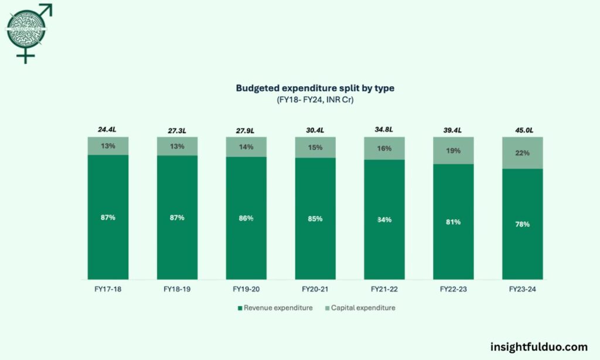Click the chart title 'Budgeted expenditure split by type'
pos(315,88)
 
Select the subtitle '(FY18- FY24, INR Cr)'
pos(315,100)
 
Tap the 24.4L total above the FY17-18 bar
pos(108,130)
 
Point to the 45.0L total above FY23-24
pos(523,130)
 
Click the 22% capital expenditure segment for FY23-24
pos(523,153)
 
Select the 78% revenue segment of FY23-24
pos(523,224)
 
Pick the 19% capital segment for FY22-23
pos(454,151)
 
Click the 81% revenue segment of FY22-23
pos(454,222)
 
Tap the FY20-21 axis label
pos(315,289)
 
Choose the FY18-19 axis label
pos(177,289)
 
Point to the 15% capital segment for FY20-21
pos(315,148)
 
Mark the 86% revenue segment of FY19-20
pos(246,218)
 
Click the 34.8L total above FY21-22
pos(384,130)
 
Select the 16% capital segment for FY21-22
pos(384,149)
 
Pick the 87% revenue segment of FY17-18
pos(108,218)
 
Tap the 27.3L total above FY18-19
pos(177,130)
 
